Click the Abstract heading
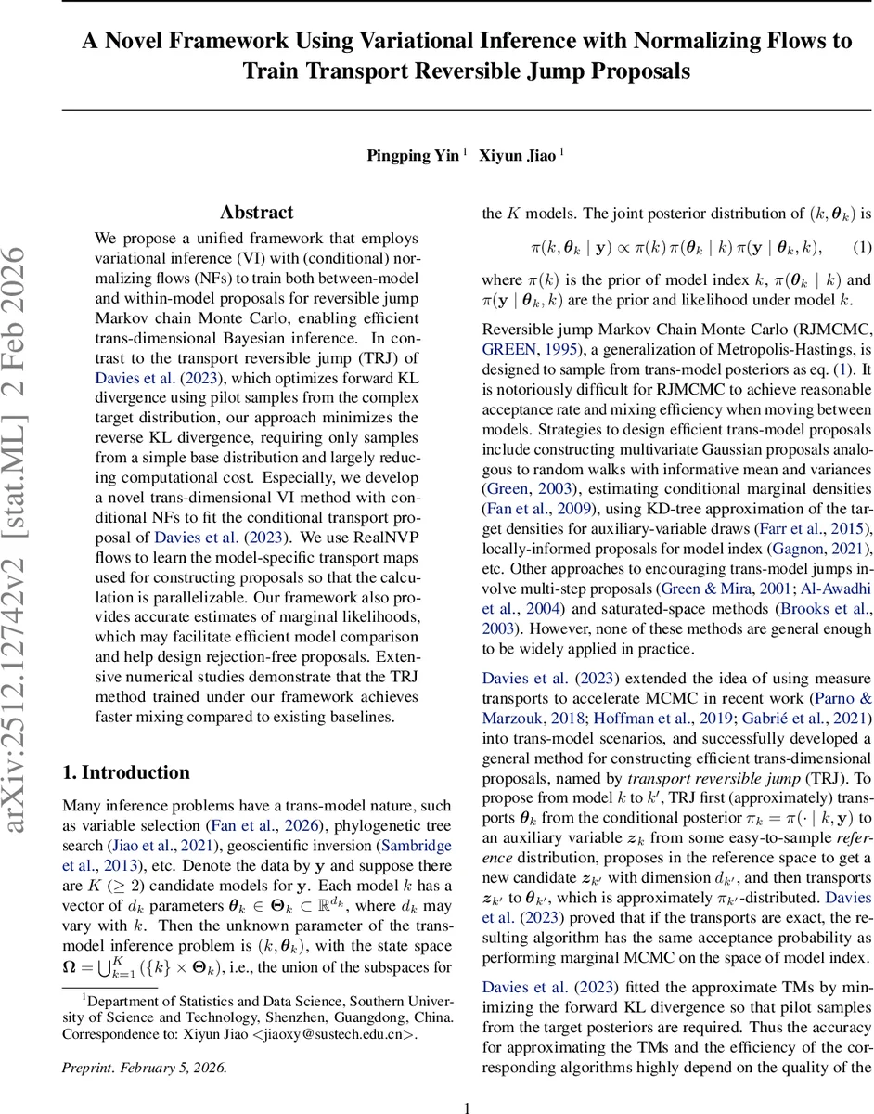257,212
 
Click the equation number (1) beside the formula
861,248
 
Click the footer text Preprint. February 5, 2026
144,1067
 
